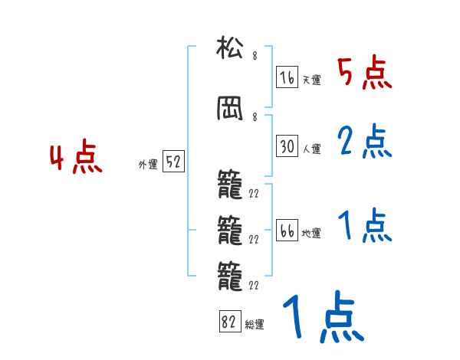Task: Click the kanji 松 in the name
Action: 230,47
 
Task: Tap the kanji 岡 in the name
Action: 230,109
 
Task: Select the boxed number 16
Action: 287,77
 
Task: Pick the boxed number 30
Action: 287,146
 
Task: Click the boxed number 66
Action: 287,230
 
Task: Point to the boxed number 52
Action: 173,161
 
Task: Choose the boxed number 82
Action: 230,321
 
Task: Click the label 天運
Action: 311,80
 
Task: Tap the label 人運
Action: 311,149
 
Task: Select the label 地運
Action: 311,233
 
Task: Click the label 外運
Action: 148,165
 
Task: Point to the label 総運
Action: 255,324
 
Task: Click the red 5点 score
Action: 365,72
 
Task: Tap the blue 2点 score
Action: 365,141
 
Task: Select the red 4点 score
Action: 76,156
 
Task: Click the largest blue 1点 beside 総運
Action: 324,316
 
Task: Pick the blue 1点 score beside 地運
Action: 365,225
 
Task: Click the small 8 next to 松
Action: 255,56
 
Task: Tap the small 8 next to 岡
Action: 255,117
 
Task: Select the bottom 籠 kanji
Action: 230,277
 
